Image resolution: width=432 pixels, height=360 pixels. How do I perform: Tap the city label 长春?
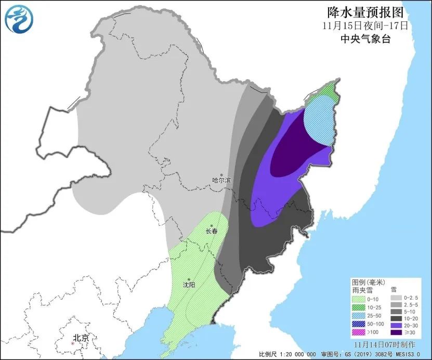[211, 230]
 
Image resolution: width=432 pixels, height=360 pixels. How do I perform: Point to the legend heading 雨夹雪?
[360, 289]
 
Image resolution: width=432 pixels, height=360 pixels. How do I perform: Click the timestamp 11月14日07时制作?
[384, 344]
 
